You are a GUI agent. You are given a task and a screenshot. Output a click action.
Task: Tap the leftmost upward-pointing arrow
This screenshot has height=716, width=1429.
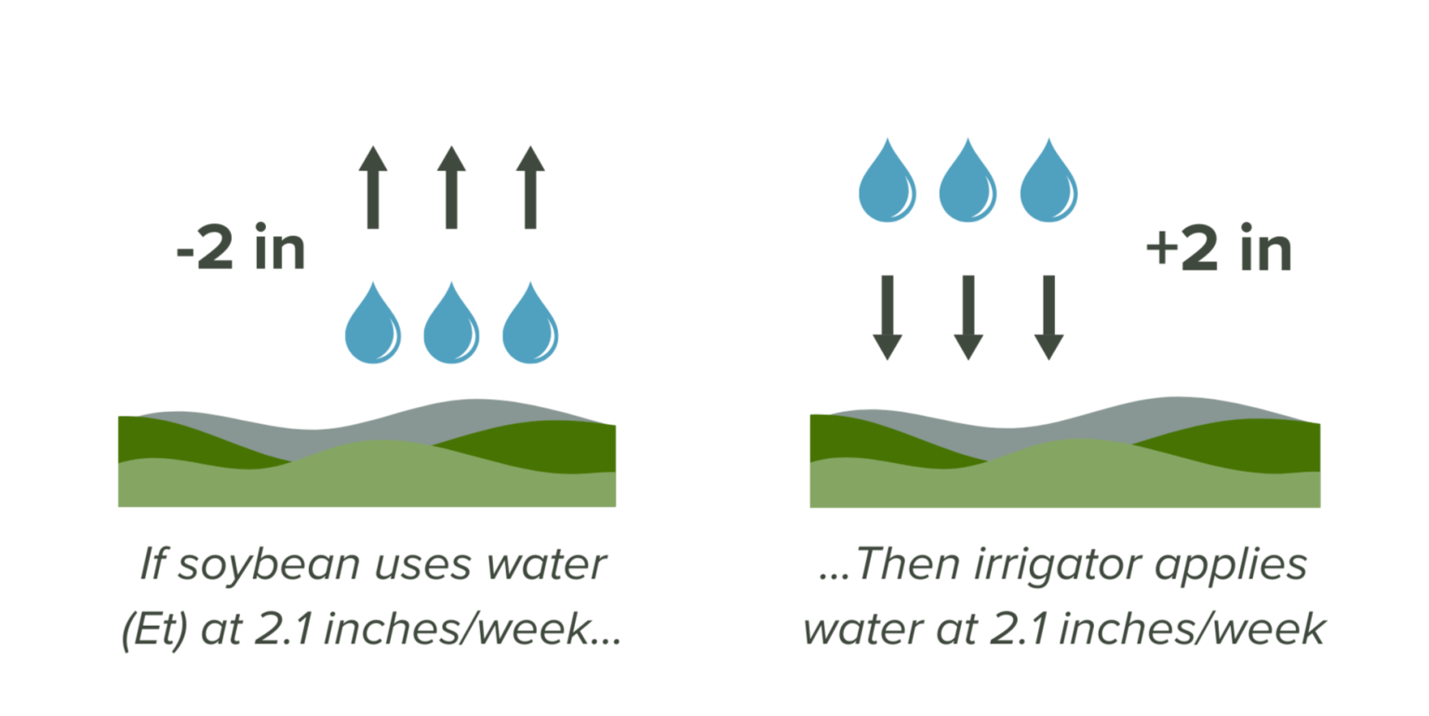(373, 187)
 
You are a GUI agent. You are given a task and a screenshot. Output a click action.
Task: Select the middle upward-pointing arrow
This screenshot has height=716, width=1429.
(451, 187)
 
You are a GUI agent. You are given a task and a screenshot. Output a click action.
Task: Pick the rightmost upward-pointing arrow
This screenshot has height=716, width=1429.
(530, 187)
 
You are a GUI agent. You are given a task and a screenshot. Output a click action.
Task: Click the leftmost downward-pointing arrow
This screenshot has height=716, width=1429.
(888, 317)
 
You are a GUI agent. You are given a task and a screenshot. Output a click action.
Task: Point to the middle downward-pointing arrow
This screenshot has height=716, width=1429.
(968, 317)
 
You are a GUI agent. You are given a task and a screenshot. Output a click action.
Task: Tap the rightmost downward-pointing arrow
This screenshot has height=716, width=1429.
(1048, 317)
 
